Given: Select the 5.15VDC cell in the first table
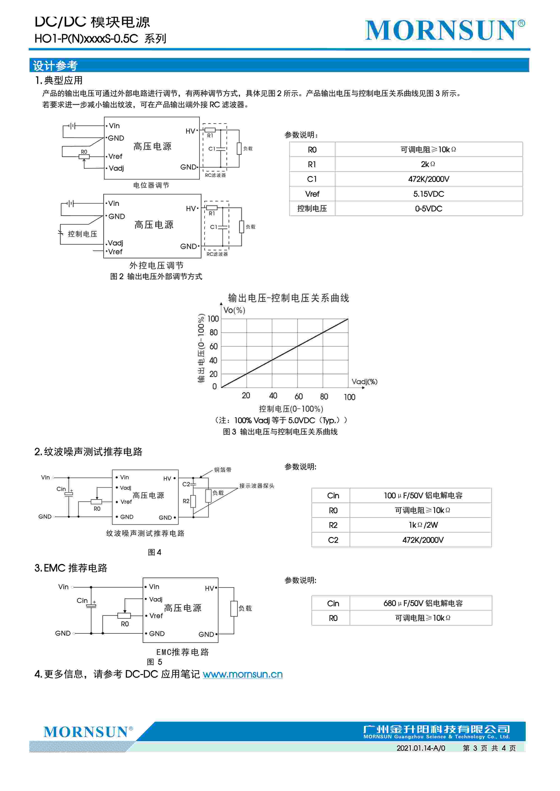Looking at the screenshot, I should click(428, 194).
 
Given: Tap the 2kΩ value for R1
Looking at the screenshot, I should click(428, 164).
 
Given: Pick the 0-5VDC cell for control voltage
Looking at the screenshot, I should click(428, 208).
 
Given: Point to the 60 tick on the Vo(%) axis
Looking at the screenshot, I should click(213, 346).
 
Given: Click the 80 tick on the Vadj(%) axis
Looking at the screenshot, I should click(324, 397).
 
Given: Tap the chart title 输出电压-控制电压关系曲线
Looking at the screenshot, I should click(288, 298).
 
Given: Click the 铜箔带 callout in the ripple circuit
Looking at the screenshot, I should click(223, 470).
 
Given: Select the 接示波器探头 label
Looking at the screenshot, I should click(257, 486).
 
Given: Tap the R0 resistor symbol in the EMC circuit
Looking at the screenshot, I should click(124, 616).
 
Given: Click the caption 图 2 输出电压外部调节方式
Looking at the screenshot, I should click(156, 276).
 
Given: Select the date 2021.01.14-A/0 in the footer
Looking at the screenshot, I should click(421, 748).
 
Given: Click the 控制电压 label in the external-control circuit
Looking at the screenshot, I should click(82, 234).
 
